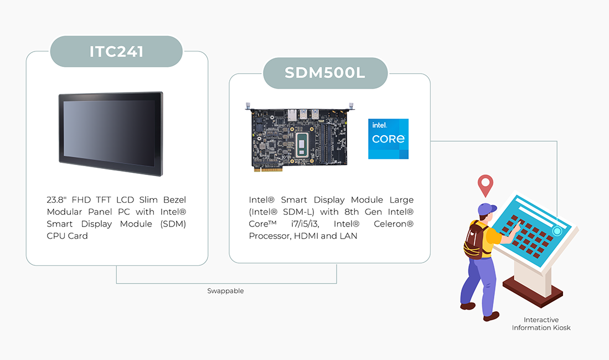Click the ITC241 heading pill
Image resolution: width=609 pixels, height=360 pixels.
click(x=116, y=52)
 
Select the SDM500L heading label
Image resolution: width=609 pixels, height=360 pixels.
click(x=324, y=73)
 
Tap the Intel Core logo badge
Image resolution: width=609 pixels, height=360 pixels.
click(x=388, y=138)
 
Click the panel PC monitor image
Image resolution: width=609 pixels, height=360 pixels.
click(x=111, y=133)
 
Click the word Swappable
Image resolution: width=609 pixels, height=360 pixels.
click(x=225, y=291)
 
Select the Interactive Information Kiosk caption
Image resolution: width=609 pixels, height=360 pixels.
click(x=541, y=324)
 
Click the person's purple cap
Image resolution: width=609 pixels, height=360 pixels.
click(x=487, y=209)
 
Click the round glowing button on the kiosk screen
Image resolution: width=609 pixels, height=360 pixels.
click(x=557, y=232)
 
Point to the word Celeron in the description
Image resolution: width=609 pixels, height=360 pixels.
click(x=395, y=224)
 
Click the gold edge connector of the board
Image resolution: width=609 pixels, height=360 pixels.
click(x=268, y=169)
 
